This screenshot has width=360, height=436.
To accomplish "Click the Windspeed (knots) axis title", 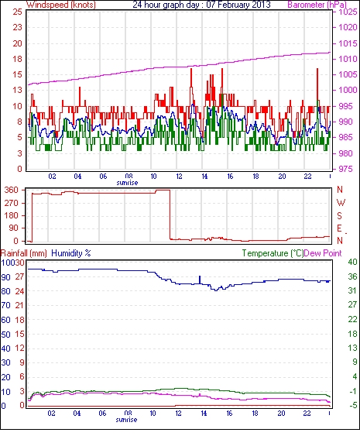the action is tap(61, 5).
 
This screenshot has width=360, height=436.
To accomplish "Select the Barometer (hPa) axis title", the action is tap(317, 5).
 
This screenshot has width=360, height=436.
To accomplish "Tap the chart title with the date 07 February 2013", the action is tap(201, 5).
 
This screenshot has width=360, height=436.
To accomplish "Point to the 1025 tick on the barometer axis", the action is tap(348, 12).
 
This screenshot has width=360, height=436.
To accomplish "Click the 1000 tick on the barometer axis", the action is tap(348, 90).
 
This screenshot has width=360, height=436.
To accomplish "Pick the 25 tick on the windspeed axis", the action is tap(18, 12).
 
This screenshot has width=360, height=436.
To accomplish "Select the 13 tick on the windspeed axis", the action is tap(18, 90).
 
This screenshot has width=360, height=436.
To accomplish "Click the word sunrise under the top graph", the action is tap(127, 183).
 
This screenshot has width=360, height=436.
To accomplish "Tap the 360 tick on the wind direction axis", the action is tap(12, 191).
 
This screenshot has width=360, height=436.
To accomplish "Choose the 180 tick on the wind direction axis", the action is tap(12, 215).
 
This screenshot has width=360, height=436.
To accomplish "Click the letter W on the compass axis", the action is tap(341, 203).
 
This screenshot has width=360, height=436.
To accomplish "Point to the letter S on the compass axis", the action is tap(339, 215).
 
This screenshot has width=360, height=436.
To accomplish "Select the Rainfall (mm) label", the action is tap(24, 253).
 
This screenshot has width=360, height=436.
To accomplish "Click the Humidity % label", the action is tap(71, 253).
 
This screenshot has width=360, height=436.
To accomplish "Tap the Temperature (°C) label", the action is tap(273, 253).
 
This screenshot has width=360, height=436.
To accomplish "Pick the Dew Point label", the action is tap(323, 253).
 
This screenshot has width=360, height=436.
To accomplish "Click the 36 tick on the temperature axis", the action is tap(352, 276).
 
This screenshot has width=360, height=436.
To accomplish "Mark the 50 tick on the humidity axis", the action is tap(6, 335).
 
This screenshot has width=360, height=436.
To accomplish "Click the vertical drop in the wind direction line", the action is tap(170, 215).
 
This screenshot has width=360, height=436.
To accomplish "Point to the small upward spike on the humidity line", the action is tap(200, 280).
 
